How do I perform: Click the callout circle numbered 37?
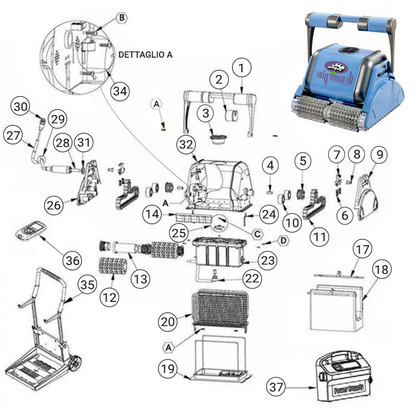coord(277,388)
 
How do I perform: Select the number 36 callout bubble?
coord(73,260)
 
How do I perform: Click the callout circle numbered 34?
coord(119,91)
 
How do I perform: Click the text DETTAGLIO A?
coord(146,54)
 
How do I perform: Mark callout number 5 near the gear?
coord(302,162)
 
